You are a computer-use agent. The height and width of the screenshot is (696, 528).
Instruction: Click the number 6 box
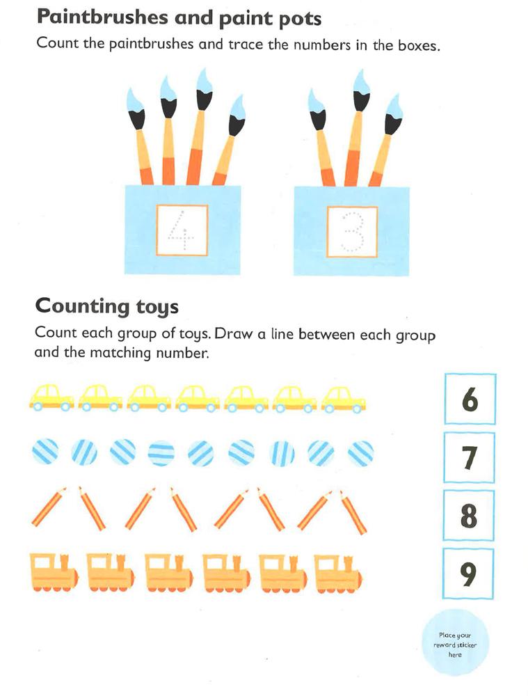pyautogui.click(x=470, y=399)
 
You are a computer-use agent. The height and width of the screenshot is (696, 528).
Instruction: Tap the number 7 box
pyautogui.click(x=470, y=458)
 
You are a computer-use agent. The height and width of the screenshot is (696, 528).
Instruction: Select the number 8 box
pyautogui.click(x=469, y=516)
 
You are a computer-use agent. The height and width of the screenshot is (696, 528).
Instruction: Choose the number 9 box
pyautogui.click(x=468, y=574)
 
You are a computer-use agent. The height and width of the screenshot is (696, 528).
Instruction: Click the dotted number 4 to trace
pyautogui.click(x=182, y=230)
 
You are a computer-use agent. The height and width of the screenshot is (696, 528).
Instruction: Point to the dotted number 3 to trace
pyautogui.click(x=352, y=232)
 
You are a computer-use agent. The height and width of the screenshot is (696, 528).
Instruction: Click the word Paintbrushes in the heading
pyautogui.click(x=102, y=17)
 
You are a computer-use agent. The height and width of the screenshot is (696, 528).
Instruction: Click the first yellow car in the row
pyautogui.click(x=52, y=397)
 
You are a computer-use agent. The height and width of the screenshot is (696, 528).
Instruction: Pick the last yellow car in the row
pyautogui.click(x=344, y=399)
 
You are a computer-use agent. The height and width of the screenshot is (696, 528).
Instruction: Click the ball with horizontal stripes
pyautogui.click(x=161, y=453)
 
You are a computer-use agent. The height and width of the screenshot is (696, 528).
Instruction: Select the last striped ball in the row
pyautogui.click(x=361, y=453)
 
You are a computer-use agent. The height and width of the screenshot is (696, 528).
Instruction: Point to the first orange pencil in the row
pyautogui.click(x=49, y=507)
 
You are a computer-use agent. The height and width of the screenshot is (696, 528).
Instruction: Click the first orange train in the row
pyautogui.click(x=54, y=572)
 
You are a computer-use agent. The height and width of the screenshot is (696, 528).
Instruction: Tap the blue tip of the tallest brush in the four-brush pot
pyautogui.click(x=205, y=80)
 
